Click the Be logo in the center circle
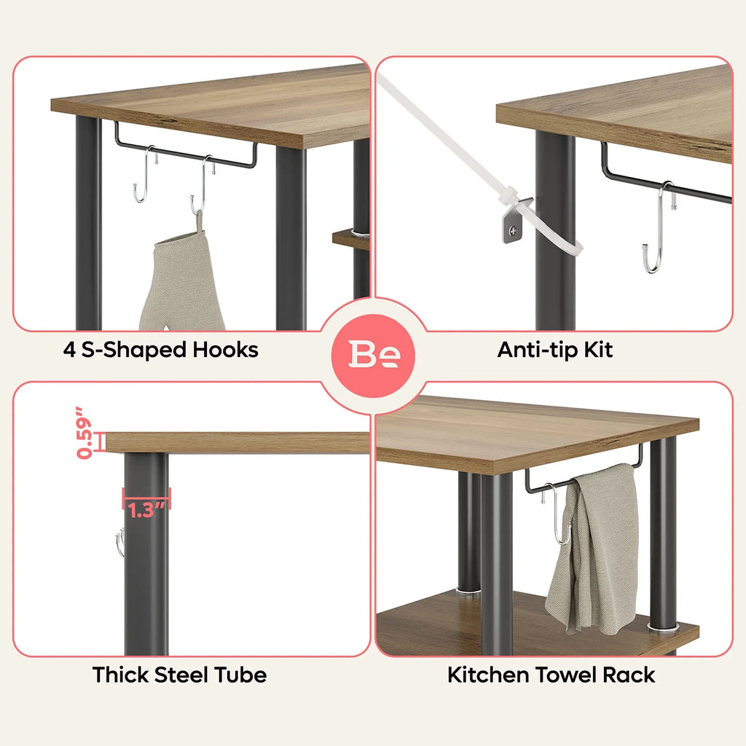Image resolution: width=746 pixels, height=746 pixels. pos(374,354)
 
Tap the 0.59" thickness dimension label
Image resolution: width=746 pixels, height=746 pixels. pos(84,433)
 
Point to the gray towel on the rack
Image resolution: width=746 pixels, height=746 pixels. pos(594,548)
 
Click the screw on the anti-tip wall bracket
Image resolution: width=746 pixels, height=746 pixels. pos(512,231)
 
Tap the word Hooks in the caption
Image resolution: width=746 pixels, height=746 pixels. pos(226,350)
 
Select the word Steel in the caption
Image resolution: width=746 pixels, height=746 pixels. pos(181,675)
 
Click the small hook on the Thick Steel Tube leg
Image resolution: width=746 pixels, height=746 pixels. pos(120,542)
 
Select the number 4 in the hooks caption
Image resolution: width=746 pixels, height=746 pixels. pos(69,350)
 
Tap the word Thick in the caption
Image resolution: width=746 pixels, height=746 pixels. pos(120,675)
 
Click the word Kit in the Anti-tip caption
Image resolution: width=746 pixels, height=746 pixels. pos(598,350)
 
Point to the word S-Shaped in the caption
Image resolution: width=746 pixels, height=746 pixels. pos(133,350)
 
